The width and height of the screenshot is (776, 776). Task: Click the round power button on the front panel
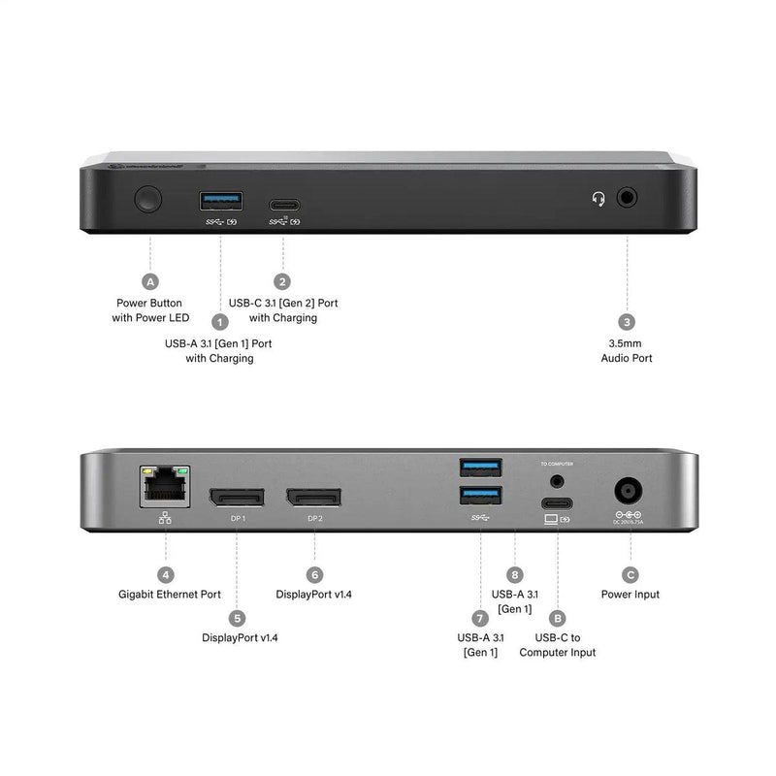point(148,201)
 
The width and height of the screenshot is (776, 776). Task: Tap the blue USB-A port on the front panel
point(221,201)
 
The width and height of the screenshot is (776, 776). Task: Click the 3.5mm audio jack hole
point(627,198)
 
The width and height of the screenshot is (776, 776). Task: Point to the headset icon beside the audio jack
point(599,199)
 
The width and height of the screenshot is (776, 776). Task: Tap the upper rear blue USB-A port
point(480,468)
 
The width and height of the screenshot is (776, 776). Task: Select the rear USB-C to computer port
point(558,502)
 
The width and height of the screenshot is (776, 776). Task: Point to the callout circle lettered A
point(149,282)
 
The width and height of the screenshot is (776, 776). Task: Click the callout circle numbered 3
point(627,322)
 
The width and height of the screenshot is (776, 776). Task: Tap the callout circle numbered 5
point(236,617)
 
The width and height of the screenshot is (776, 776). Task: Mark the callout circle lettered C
point(628,574)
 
